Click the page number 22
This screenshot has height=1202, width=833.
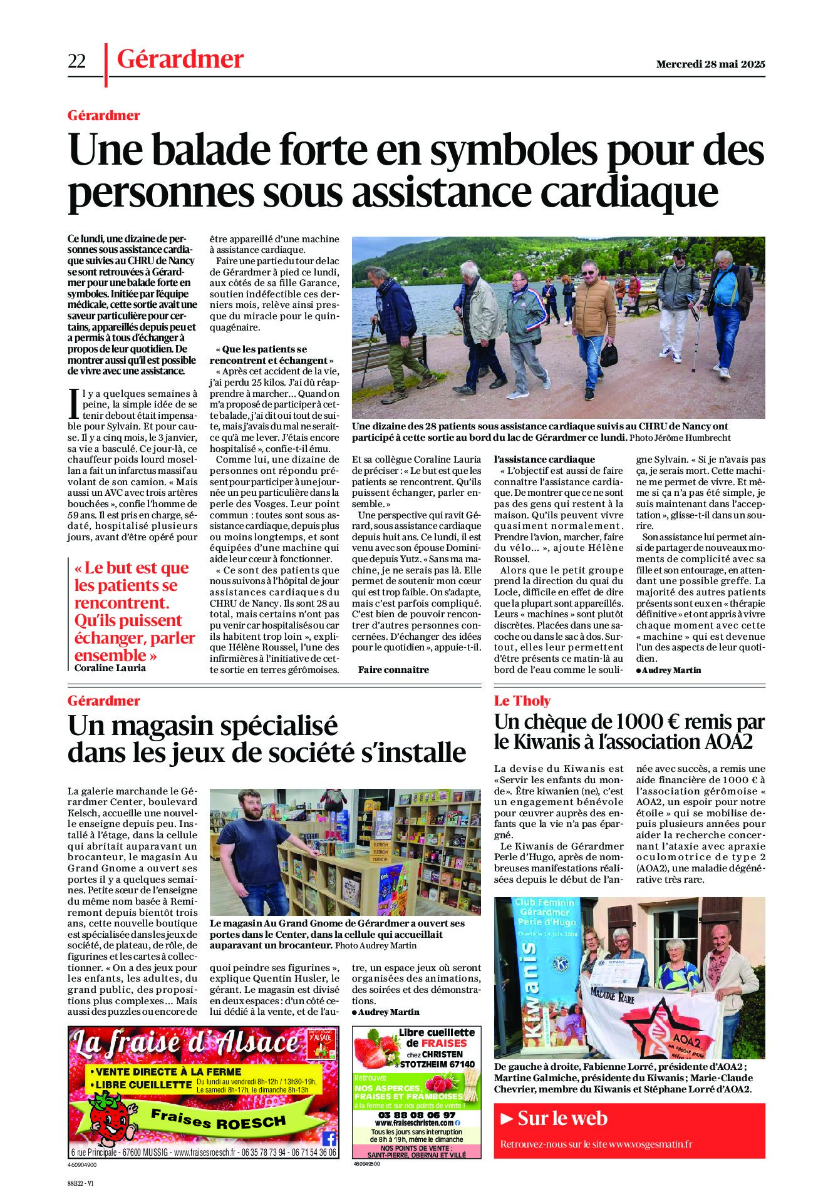[76, 61]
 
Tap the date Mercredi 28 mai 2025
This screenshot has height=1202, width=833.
[710, 64]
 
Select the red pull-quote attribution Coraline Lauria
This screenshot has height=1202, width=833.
[110, 667]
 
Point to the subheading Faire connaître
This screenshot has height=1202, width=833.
[393, 670]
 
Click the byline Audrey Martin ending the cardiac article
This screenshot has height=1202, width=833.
[671, 670]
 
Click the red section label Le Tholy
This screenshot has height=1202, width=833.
[522, 701]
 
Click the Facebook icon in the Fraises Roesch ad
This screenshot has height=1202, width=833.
[329, 1138]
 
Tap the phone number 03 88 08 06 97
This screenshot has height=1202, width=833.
[416, 1115]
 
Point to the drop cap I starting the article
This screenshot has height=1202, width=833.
[75, 404]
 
